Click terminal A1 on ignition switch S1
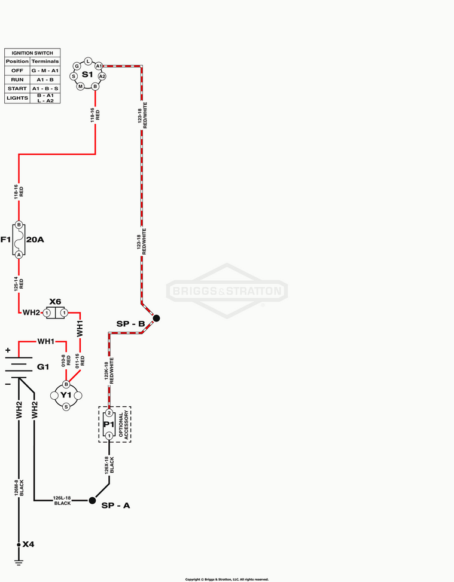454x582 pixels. pos(98,66)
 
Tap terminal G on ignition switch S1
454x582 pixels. pos(77,66)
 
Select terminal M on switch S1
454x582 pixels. pos(80,86)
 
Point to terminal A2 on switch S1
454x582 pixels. pos(102,76)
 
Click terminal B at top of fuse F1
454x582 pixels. pos(19,225)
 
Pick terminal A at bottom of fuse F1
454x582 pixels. pos(19,254)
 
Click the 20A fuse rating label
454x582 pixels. pos(35,240)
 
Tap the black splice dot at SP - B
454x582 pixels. pos(156,318)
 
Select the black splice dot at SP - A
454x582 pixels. pos(92,500)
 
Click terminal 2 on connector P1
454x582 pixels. pos(109,413)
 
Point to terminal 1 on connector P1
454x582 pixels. pos(109,436)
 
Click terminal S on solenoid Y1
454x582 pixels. pos(66,406)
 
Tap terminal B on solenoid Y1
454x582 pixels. pos(66,384)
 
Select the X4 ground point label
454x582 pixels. pos(28,544)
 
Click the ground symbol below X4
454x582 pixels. pos(19,562)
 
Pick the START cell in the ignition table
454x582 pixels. pos(17,88)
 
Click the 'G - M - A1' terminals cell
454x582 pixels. pos(45,71)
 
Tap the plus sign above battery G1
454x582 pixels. pos(8,351)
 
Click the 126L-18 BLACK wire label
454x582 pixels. pos(62,501)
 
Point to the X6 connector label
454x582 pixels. pos(56,302)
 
